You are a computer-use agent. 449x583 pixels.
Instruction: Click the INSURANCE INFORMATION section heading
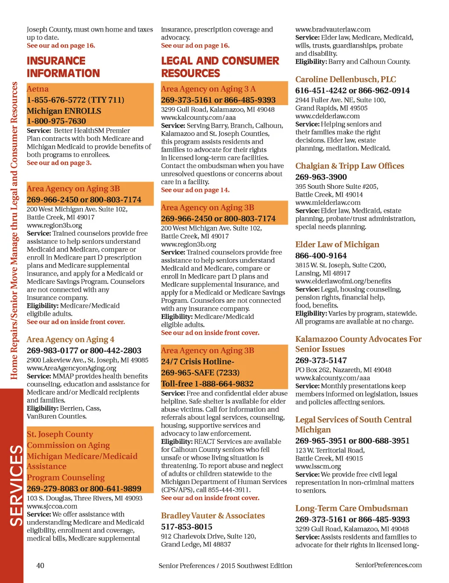[x=63, y=67]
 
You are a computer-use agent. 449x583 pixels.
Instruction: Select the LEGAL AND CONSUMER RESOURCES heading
[x=220, y=67]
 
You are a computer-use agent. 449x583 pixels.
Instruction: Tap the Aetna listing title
[x=38, y=89]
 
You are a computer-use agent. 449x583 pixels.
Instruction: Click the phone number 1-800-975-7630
[x=56, y=121]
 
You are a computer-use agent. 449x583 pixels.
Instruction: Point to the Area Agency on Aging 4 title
[x=70, y=340]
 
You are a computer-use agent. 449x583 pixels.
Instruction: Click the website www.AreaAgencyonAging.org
[x=71, y=368]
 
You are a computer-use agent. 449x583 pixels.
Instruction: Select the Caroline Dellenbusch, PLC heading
[x=346, y=79]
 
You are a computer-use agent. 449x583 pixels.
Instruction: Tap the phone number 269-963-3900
[x=321, y=177]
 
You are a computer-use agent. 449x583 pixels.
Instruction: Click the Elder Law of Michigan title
[x=337, y=245]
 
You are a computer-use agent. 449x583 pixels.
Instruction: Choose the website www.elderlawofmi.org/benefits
[x=343, y=281]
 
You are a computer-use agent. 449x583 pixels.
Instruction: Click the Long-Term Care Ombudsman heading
[x=351, y=508]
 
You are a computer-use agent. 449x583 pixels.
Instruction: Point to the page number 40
[x=40, y=565]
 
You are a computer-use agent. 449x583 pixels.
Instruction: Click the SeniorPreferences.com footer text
[x=388, y=565]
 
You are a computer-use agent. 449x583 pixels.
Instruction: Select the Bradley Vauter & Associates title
[x=213, y=516]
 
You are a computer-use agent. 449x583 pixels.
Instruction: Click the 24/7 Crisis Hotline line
[x=197, y=361]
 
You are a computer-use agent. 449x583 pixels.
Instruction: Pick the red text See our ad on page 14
[x=195, y=190]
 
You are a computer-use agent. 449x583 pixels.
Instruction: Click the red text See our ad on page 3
[x=59, y=163]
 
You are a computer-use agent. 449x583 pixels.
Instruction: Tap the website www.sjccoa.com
[x=52, y=506]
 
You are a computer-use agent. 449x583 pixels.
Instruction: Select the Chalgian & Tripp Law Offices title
[x=349, y=166]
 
